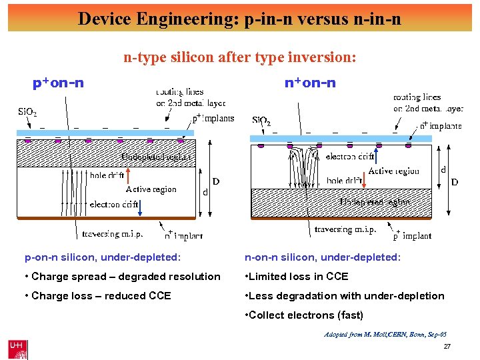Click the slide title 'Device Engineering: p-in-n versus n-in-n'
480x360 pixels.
(x=239, y=18)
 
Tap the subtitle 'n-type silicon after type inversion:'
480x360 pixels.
(x=240, y=58)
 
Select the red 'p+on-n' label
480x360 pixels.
(x=59, y=83)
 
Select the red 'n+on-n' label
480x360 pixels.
(x=310, y=83)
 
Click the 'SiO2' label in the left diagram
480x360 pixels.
(x=27, y=112)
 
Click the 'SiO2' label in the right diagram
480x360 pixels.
(x=261, y=121)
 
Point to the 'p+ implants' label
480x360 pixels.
(x=213, y=118)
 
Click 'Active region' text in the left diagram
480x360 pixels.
(x=151, y=189)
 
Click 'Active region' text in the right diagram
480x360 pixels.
(x=394, y=171)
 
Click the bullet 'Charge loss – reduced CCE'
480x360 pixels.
(x=98, y=296)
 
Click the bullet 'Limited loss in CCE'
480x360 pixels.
(x=297, y=277)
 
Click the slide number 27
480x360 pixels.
(x=447, y=347)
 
